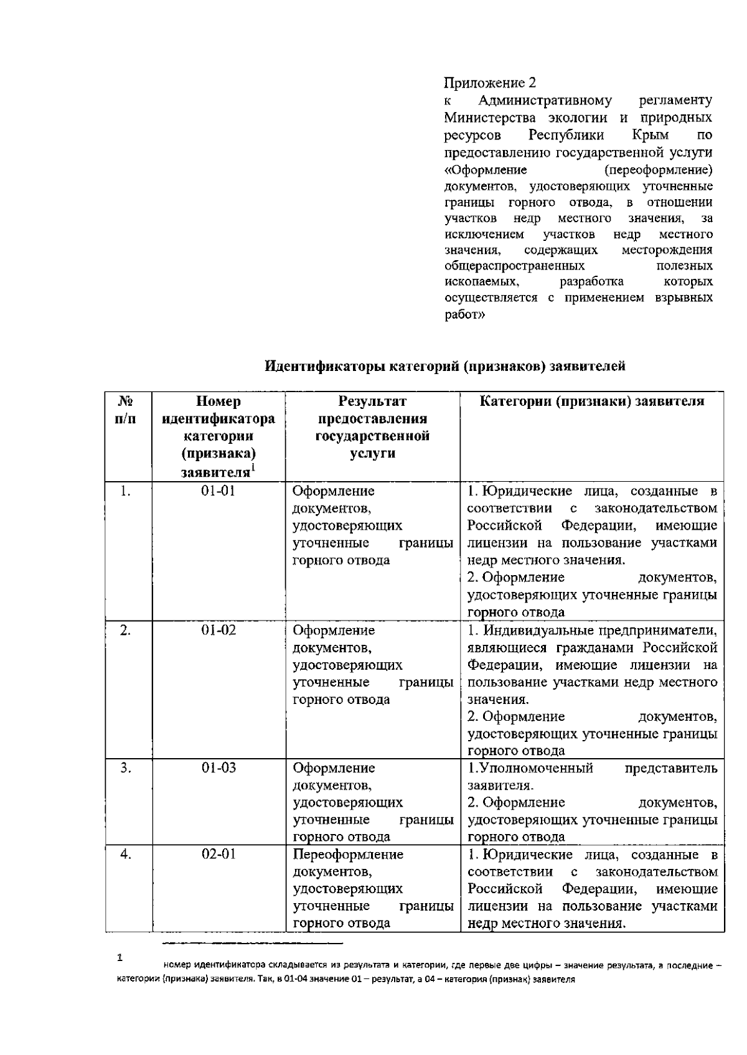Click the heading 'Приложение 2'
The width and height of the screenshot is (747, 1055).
[x=489, y=83]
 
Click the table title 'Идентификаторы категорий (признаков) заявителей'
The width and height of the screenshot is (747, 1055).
[x=445, y=367]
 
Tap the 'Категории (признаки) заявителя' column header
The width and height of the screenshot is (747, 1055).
[x=591, y=401]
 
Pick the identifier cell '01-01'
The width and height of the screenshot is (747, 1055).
[x=218, y=491]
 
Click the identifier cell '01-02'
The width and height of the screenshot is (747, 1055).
[x=218, y=630]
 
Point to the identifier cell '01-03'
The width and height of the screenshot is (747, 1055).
[x=218, y=767]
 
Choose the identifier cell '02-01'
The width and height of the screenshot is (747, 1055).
[x=218, y=854]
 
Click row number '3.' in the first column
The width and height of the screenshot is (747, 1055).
[x=126, y=767]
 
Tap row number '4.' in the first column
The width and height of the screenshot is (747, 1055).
[x=126, y=854]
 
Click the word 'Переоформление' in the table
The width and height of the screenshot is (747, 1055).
[x=348, y=854]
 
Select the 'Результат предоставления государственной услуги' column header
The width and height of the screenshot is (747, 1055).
[x=372, y=427]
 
